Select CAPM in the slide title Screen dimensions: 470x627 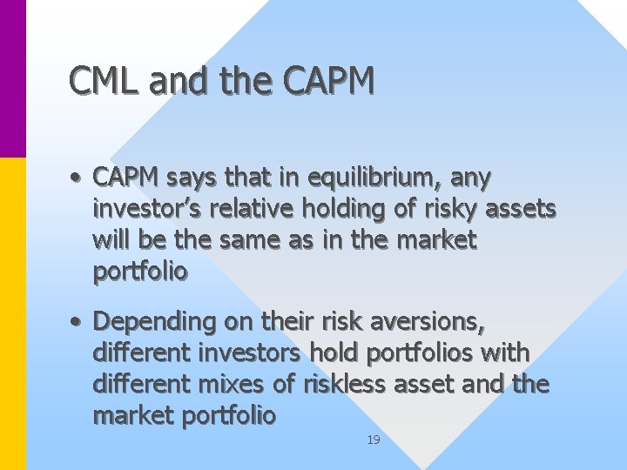(x=329, y=81)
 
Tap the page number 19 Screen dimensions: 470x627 (x=373, y=440)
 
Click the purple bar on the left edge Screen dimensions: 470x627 (x=13, y=78)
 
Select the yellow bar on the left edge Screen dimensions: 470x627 (x=13, y=313)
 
